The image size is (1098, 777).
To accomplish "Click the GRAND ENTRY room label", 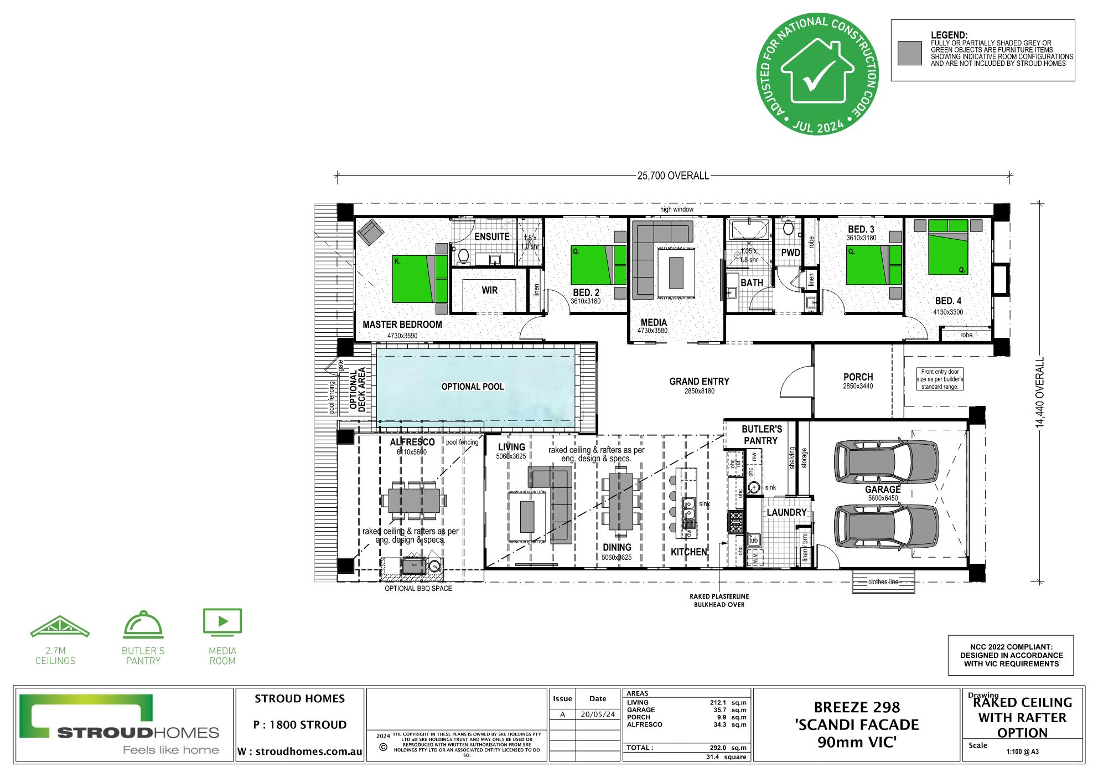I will click(x=699, y=382).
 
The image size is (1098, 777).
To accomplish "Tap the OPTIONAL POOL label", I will click(x=473, y=387).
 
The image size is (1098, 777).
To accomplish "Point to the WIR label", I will click(x=489, y=290).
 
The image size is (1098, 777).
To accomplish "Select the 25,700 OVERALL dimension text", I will click(x=672, y=176).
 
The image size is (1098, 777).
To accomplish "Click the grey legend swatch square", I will click(x=909, y=53).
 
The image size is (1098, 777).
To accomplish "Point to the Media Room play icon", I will click(x=222, y=621).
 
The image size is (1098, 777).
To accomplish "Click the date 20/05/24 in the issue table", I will click(x=598, y=714).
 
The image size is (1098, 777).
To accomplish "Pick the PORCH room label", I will click(x=858, y=377).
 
